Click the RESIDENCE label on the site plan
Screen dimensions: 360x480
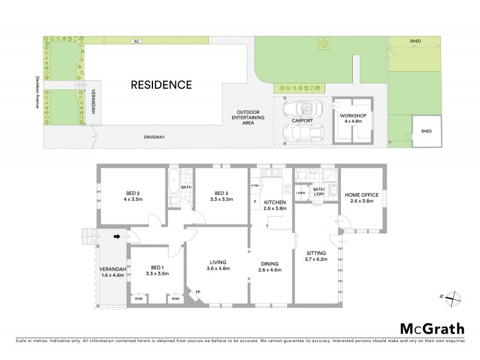tap(161, 85)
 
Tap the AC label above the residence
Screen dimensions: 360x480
tap(137, 41)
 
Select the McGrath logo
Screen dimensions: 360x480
tap(432, 328)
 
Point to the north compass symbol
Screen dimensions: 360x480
tap(454, 296)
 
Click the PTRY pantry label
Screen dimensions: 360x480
tap(255, 186)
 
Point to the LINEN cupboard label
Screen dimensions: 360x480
tap(300, 192)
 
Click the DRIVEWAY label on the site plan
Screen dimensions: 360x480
tap(154, 137)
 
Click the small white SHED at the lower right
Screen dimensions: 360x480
tap(426, 131)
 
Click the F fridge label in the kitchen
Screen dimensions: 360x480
tap(255, 202)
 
